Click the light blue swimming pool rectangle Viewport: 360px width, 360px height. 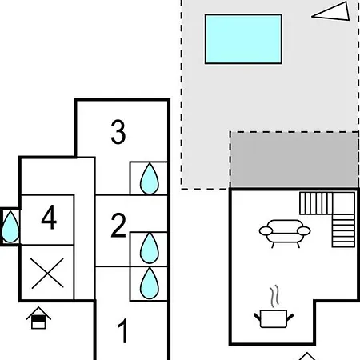point(243,39)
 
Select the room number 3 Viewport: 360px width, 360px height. point(118,132)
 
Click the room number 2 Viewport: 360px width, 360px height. point(118,225)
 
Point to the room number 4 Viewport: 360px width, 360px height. point(49,217)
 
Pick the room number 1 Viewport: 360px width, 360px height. point(123,331)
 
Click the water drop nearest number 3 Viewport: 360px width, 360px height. point(150,178)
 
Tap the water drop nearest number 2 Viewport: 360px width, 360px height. point(150,248)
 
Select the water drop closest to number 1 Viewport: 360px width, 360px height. point(150,283)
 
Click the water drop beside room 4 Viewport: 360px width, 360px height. point(10,227)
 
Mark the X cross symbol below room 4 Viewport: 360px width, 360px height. point(47,274)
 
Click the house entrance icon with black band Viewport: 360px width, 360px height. point(38,318)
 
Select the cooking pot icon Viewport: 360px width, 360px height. point(274,318)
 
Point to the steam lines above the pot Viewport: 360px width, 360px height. point(274,296)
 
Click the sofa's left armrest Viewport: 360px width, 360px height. point(266,231)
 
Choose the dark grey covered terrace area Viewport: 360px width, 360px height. point(294,159)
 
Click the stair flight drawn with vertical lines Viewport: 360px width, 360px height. point(316,203)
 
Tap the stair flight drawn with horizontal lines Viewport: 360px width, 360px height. point(343,230)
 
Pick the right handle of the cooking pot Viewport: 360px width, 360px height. point(290,318)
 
